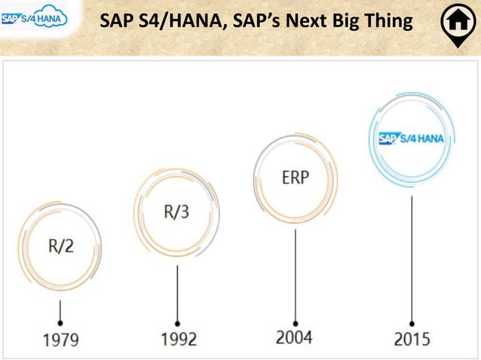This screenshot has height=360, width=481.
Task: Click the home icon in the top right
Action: pyautogui.click(x=457, y=23)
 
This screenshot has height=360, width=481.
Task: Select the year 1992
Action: pyautogui.click(x=178, y=338)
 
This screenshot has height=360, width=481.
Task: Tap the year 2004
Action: pyautogui.click(x=295, y=336)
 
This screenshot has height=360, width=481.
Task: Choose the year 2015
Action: pyautogui.click(x=412, y=338)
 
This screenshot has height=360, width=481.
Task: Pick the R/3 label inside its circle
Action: pyautogui.click(x=178, y=211)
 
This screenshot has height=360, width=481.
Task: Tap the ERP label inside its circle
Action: pyautogui.click(x=295, y=178)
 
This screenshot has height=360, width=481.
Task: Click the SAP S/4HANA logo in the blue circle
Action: pyautogui.click(x=412, y=138)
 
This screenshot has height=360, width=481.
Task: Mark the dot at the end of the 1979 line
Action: pyautogui.click(x=60, y=319)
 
